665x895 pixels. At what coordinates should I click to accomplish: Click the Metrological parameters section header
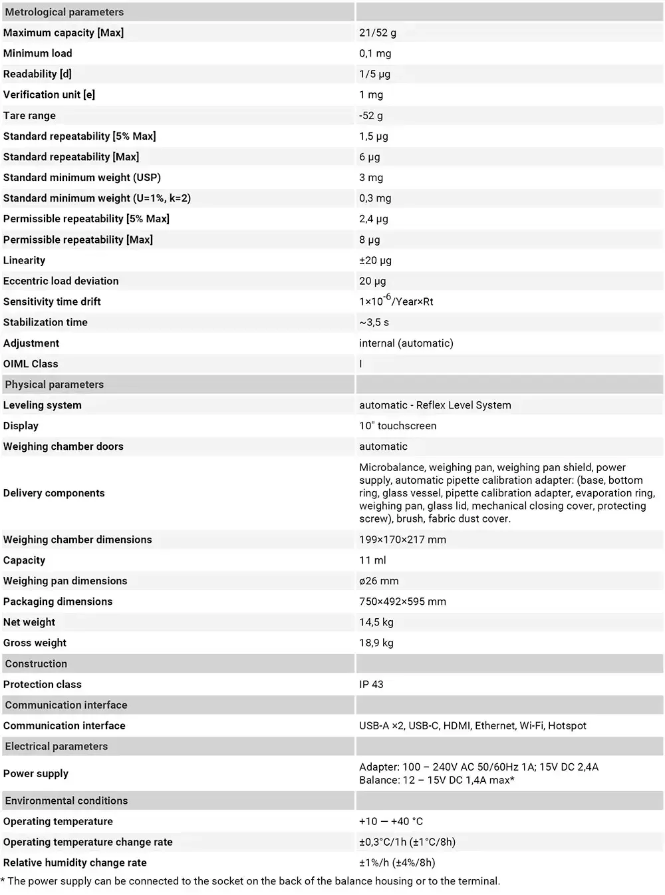click(64, 12)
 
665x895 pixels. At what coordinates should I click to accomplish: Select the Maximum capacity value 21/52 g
click(378, 33)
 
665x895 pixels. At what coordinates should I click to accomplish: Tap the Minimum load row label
click(38, 53)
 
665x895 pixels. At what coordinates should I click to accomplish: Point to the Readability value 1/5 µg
click(374, 74)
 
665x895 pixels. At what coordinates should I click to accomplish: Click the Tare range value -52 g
click(371, 115)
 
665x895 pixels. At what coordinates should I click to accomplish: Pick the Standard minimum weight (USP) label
click(82, 178)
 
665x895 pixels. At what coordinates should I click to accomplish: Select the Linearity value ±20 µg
click(375, 260)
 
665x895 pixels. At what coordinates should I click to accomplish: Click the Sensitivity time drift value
click(396, 301)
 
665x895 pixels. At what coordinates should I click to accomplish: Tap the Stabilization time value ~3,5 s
click(374, 322)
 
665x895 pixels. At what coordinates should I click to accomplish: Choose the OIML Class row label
click(31, 364)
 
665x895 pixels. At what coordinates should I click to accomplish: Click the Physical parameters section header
click(54, 385)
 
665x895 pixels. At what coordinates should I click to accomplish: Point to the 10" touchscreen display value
click(398, 426)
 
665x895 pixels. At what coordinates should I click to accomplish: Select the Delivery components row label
click(54, 493)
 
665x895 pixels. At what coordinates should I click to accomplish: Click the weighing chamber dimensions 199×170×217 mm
click(402, 540)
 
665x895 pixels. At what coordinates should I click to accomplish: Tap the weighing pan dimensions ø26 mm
click(378, 581)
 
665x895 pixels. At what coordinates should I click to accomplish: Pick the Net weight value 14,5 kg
click(376, 622)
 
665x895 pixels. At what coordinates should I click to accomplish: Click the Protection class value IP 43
click(371, 684)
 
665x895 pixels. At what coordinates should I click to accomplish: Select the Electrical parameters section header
click(56, 747)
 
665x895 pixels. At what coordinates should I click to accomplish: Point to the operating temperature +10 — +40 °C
click(391, 821)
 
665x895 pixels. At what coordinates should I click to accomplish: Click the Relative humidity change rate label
click(75, 862)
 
